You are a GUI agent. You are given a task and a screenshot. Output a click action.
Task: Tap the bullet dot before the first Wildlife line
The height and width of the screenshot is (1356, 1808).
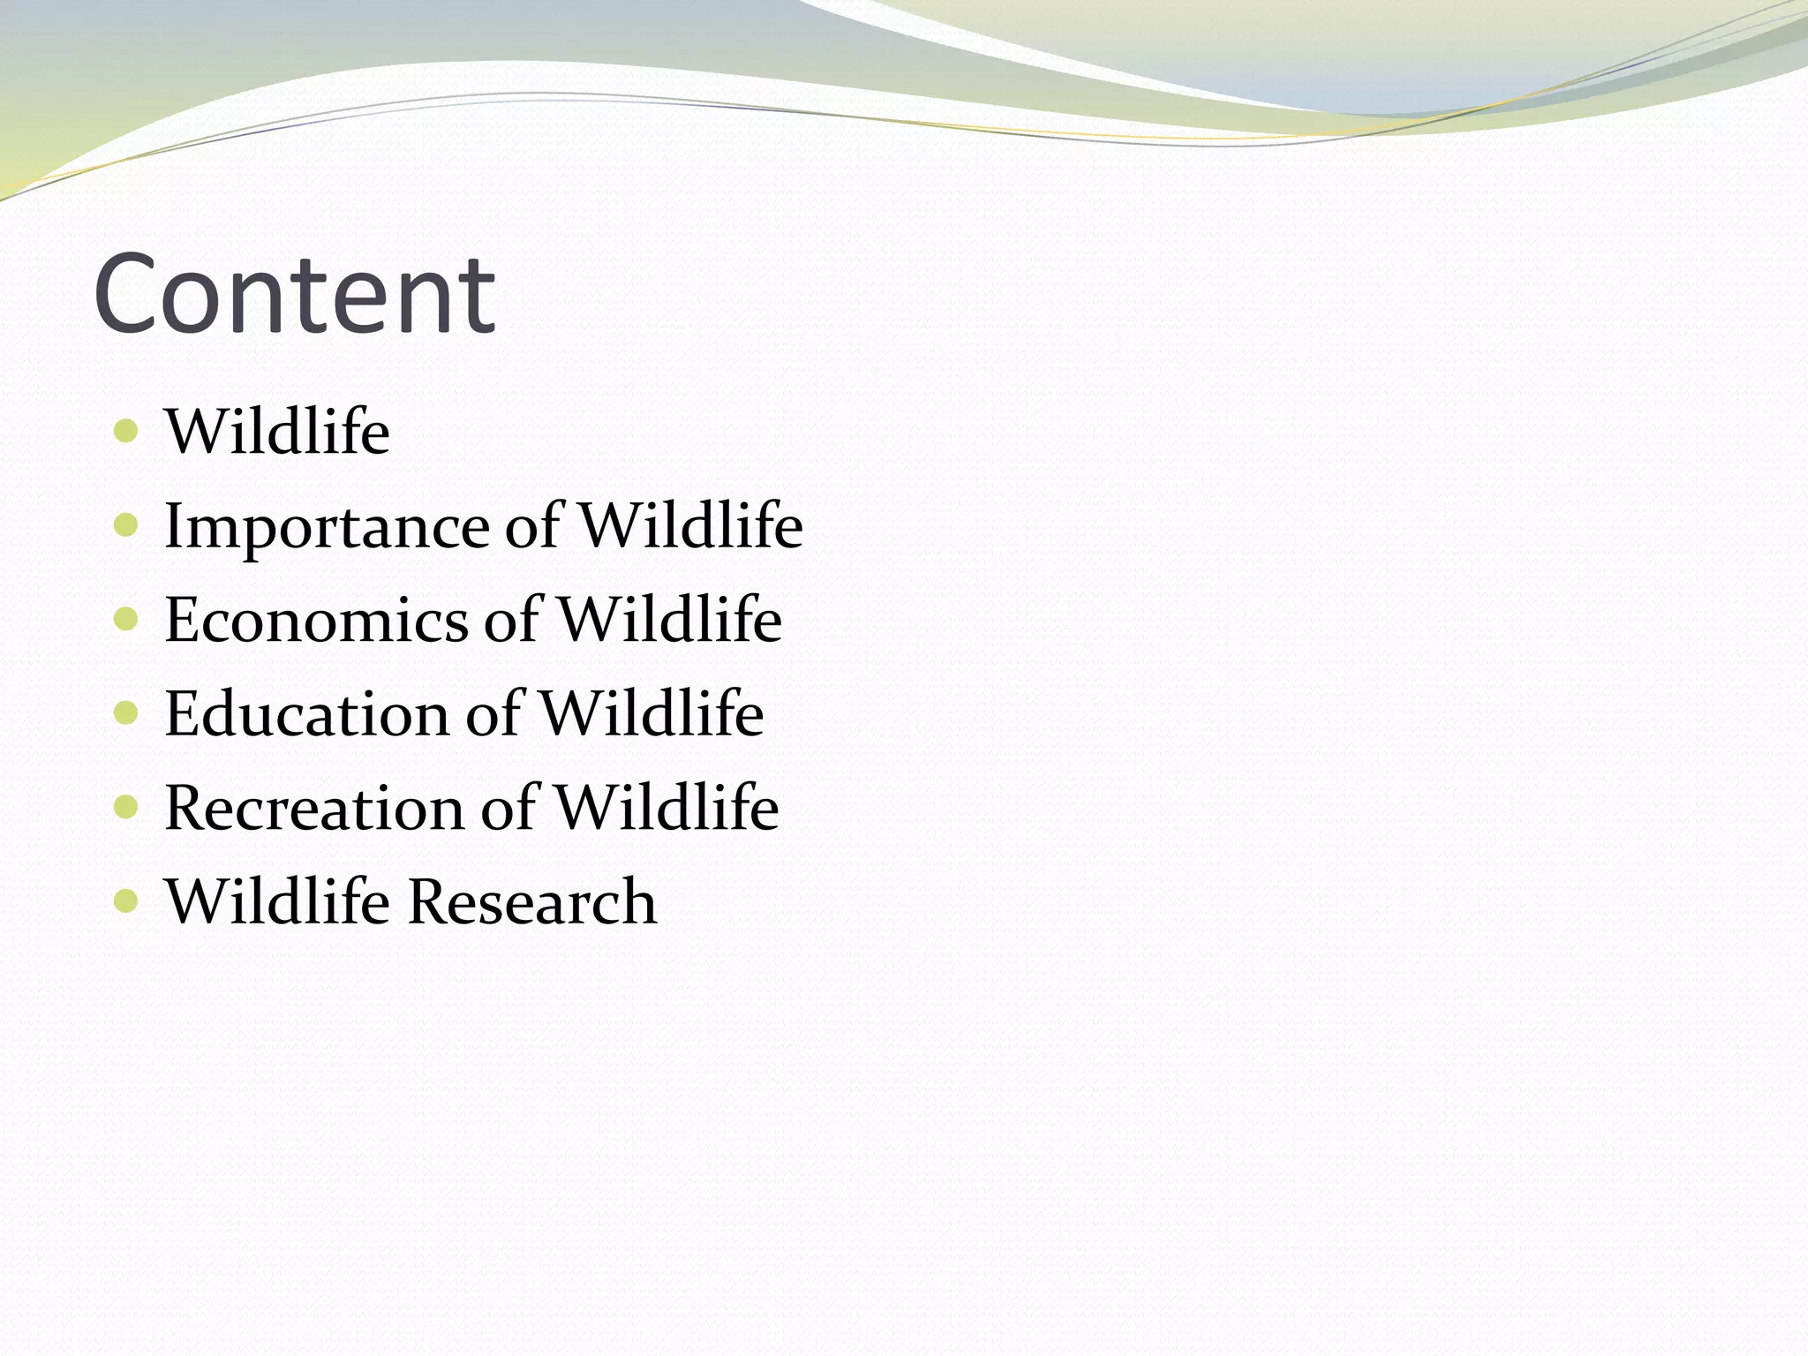(x=127, y=432)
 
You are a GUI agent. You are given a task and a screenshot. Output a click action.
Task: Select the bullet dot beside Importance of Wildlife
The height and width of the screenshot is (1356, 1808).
(x=127, y=526)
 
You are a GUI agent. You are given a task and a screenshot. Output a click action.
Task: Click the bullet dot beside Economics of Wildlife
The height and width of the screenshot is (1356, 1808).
(x=127, y=620)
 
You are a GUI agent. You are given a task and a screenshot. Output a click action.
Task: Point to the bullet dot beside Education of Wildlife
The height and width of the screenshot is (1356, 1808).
(x=127, y=713)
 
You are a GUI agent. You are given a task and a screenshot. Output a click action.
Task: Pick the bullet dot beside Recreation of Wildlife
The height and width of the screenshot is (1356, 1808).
(x=127, y=807)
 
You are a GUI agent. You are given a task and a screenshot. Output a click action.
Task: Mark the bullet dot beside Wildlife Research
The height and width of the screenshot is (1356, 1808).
(x=127, y=901)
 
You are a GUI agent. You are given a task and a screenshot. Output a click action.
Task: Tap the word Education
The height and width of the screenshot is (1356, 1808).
(x=306, y=714)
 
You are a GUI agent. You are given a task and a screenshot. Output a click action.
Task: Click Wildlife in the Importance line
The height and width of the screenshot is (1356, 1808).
(x=690, y=526)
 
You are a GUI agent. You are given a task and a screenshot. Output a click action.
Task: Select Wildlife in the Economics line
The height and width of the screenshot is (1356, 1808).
(x=670, y=620)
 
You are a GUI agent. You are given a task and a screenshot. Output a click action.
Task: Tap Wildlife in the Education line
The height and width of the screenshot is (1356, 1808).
(x=652, y=713)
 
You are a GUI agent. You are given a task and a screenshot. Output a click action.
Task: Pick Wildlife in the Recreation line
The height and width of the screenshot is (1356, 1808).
(x=667, y=807)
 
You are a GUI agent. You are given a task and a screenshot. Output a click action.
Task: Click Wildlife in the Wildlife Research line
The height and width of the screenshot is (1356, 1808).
(x=277, y=901)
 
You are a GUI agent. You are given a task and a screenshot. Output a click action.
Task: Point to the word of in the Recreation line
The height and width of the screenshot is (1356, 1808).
(x=509, y=807)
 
